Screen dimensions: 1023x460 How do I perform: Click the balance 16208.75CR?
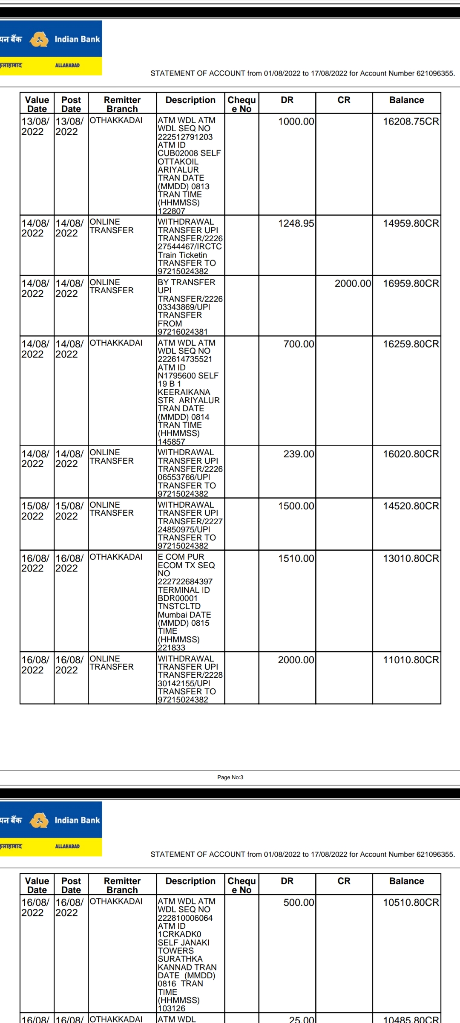411,121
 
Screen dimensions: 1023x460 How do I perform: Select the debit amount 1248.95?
296,223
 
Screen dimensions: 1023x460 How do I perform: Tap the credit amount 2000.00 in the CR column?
353,283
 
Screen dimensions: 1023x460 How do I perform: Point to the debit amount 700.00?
299,344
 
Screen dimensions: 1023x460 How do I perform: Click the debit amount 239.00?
299,454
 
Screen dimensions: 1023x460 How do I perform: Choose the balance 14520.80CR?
411,506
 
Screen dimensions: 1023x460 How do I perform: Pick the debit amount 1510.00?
296,558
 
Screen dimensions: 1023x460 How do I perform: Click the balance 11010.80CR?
411,660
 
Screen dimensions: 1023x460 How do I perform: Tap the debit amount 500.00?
299,902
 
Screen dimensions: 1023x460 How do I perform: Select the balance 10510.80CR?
411,902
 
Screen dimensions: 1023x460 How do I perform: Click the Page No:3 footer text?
230,777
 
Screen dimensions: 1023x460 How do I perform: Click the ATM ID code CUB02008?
176,153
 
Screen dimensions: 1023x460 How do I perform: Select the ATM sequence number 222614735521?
185,359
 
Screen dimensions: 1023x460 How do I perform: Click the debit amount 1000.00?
296,121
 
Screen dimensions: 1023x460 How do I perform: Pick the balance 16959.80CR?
411,283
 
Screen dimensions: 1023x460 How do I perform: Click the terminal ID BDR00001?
178,598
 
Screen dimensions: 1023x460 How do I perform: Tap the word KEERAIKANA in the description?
184,392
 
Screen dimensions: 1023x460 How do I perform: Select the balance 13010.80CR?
411,558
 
